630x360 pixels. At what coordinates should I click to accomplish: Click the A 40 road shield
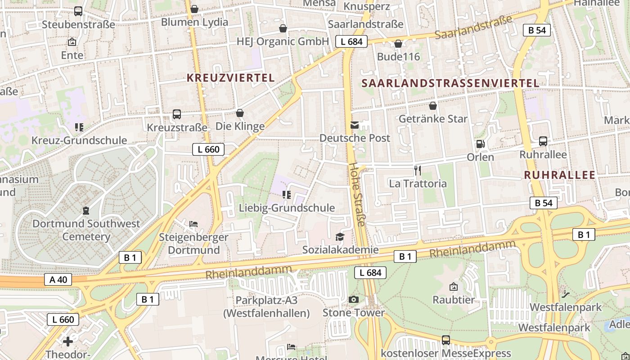click(x=58, y=279)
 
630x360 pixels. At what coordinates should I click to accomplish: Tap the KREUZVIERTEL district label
click(x=230, y=77)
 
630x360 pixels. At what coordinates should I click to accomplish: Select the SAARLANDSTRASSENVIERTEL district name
click(x=450, y=83)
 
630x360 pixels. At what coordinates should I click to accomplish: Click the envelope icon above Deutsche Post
click(x=355, y=125)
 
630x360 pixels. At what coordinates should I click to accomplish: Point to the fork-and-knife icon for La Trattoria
click(x=418, y=171)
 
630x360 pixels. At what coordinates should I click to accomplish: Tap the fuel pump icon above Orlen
click(x=480, y=144)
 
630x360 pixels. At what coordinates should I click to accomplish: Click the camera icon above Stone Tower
click(x=354, y=300)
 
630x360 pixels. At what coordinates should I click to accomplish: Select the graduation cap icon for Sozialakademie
click(x=340, y=237)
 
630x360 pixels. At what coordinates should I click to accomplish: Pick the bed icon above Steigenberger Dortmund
click(x=193, y=224)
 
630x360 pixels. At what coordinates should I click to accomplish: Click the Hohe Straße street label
click(x=358, y=194)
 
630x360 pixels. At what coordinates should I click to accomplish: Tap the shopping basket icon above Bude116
click(x=398, y=44)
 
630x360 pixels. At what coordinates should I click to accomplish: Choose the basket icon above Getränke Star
click(x=432, y=106)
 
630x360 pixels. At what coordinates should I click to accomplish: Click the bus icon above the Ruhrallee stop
click(x=543, y=141)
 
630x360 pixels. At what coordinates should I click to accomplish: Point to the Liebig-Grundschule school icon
click(x=287, y=195)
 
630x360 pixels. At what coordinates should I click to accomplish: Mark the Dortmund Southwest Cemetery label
click(x=86, y=230)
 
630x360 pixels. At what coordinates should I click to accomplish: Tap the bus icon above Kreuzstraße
click(x=177, y=114)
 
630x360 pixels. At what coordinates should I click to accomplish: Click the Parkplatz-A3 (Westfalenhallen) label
click(x=266, y=306)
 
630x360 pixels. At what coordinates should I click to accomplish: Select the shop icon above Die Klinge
click(x=240, y=113)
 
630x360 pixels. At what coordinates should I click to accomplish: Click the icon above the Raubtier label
click(x=454, y=287)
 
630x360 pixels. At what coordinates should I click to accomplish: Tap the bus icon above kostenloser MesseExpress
click(x=445, y=340)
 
